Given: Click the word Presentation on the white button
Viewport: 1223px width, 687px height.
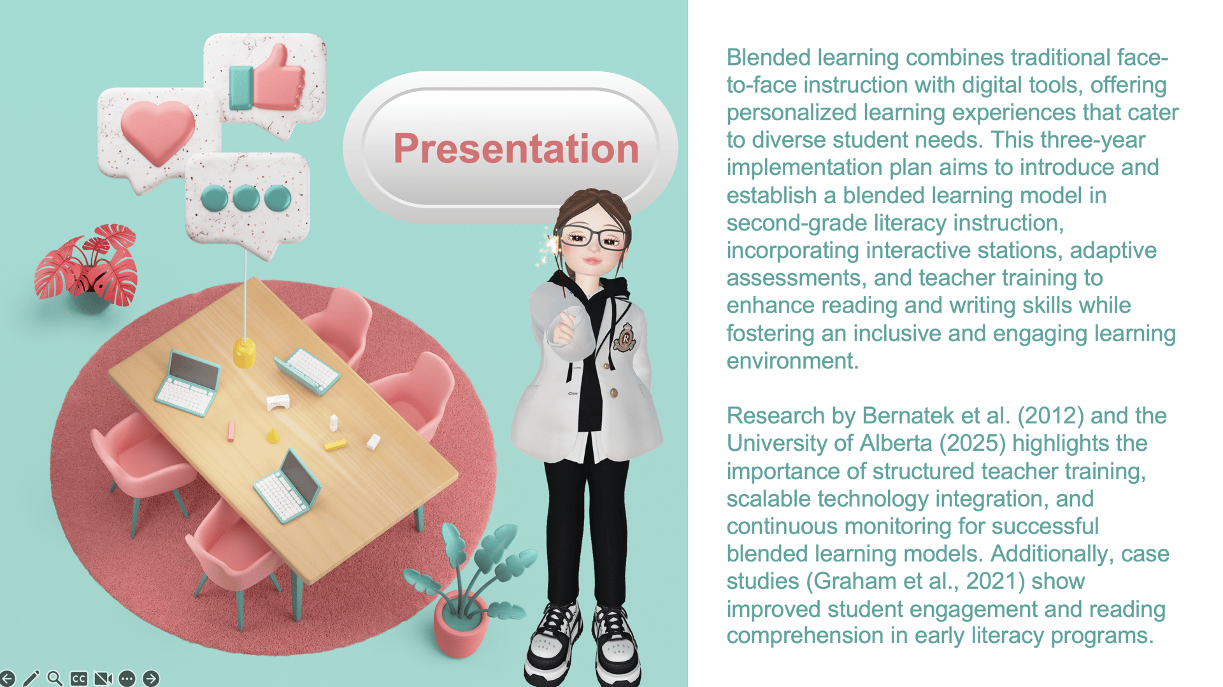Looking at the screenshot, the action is point(516,148).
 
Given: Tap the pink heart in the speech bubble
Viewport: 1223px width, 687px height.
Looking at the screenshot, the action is point(157,131).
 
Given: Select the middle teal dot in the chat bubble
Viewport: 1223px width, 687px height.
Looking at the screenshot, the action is point(246,198).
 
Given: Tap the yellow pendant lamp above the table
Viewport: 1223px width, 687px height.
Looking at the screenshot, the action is point(244,353).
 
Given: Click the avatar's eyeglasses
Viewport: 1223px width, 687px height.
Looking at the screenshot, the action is point(593,237).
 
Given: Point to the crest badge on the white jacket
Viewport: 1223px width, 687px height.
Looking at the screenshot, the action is point(625,337).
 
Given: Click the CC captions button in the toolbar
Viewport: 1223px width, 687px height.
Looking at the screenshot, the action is point(79,679).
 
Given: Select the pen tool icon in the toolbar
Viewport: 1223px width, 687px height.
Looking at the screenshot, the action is point(31,679).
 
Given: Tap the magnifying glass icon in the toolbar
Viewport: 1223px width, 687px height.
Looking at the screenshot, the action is point(55,679).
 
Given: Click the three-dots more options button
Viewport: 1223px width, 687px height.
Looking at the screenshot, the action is point(127,679).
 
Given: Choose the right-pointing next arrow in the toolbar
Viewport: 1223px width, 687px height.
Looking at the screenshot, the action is point(151,679).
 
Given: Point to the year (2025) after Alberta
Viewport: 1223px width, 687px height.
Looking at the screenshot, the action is point(973,443).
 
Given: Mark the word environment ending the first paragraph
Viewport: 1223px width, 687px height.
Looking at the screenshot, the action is point(792,361).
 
